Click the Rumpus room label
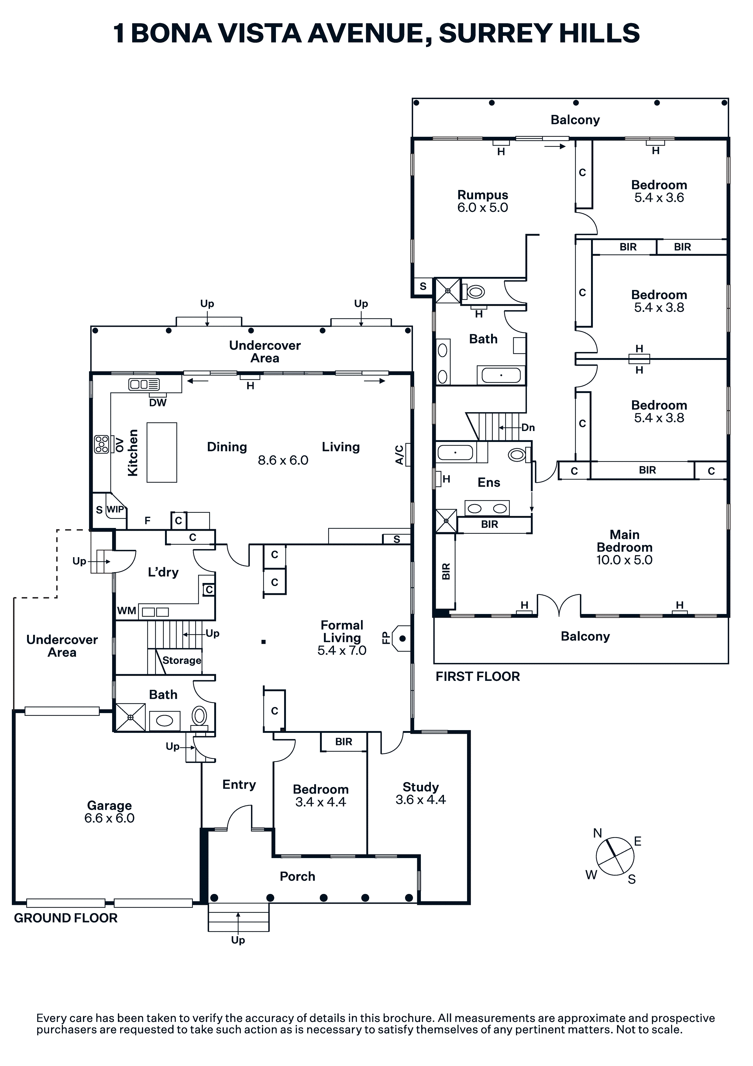click(x=483, y=195)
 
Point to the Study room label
click(x=421, y=787)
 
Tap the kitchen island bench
click(x=162, y=452)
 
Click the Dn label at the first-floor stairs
click(x=528, y=428)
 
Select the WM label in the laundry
click(x=127, y=611)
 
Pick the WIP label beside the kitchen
click(x=115, y=509)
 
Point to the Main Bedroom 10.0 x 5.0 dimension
click(x=624, y=560)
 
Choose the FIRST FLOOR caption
click(x=478, y=676)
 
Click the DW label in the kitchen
click(x=158, y=402)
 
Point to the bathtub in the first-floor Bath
click(x=501, y=375)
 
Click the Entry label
click(x=239, y=785)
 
